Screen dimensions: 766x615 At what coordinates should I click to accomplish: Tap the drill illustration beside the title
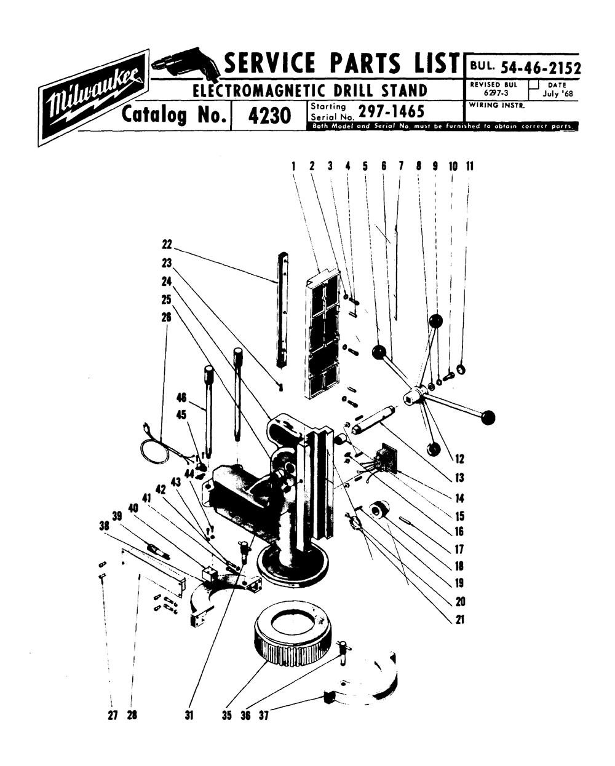pos(183,65)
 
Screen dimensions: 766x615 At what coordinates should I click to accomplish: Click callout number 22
pos(166,244)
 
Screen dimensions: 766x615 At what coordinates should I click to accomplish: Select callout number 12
pos(459,459)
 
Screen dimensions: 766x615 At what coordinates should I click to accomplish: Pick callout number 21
pos(459,620)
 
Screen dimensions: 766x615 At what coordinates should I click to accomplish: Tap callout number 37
pos(263,716)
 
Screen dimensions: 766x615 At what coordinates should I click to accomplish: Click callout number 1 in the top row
pos(294,166)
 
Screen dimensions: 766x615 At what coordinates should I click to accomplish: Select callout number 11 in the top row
pos(469,166)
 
